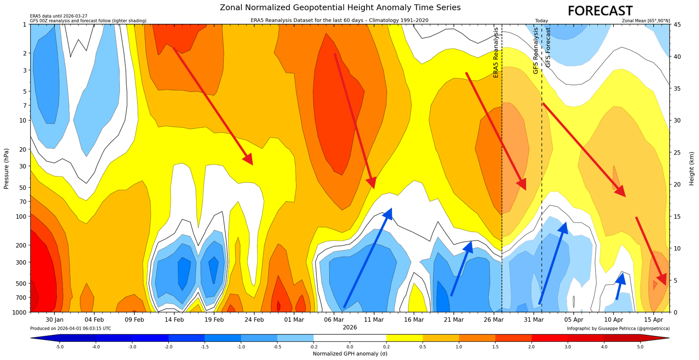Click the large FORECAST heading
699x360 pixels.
coord(600,11)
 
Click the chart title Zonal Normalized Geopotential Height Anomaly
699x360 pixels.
coord(340,7)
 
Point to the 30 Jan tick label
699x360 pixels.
coord(55,319)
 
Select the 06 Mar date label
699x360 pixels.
coord(334,319)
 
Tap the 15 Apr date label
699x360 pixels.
coord(654,319)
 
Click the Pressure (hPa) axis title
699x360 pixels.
coord(7,168)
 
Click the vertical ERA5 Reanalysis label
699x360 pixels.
coord(496,52)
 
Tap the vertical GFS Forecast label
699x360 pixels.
coord(548,47)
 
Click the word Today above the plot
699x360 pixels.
coord(541,21)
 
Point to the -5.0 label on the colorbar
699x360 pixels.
coord(59,347)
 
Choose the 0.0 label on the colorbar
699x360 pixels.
coord(350,347)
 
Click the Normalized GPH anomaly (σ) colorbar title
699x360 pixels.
coord(350,354)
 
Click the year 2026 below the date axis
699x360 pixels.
coord(350,327)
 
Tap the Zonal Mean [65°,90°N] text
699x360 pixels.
coord(646,21)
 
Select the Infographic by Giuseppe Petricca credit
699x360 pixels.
coord(618,328)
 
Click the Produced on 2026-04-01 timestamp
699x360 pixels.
coord(70,328)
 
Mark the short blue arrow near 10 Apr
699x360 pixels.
coord(619,286)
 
